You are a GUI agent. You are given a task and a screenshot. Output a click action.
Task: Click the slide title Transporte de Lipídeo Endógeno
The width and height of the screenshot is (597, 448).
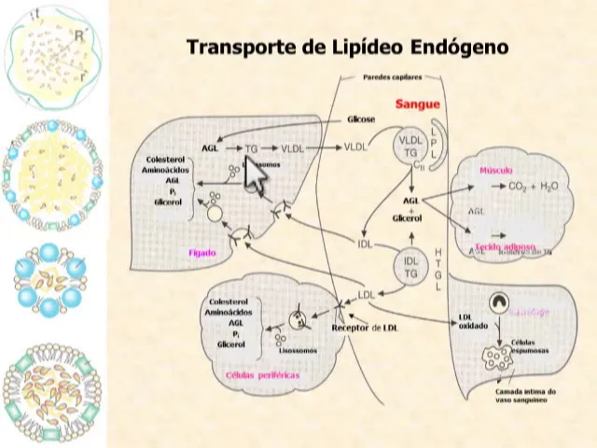(347, 47)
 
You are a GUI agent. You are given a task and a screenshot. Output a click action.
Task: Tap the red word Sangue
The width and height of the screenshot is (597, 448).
(418, 105)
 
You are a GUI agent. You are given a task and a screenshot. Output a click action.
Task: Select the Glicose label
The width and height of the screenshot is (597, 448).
(361, 120)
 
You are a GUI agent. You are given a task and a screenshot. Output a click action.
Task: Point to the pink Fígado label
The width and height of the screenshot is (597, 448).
(202, 252)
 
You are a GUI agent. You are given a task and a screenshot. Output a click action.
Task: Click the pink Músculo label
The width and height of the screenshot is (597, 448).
(496, 171)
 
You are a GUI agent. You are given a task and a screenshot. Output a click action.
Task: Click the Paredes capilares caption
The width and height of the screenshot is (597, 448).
(392, 77)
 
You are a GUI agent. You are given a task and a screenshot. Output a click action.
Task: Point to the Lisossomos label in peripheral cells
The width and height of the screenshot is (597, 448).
(298, 350)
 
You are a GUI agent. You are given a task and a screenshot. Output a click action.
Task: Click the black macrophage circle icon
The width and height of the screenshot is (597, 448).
(501, 303)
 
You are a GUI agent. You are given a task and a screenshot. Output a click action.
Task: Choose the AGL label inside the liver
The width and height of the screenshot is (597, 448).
(210, 147)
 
